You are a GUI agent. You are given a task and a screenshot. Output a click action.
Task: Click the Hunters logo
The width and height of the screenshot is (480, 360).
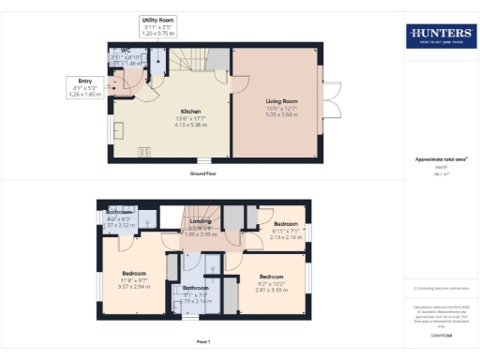point(440,37)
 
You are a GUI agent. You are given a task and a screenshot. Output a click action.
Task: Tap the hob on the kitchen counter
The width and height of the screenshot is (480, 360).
point(145,150)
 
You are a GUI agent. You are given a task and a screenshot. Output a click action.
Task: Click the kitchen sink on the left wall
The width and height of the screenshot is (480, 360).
point(119,129)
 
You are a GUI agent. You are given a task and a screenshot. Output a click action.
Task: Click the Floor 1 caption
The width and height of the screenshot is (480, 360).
point(203,341)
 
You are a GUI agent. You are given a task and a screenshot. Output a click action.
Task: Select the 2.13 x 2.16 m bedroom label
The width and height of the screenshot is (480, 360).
point(286,237)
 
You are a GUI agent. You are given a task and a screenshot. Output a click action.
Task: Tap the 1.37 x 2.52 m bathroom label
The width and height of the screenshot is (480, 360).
point(119,225)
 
